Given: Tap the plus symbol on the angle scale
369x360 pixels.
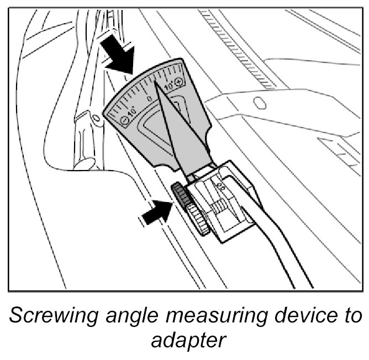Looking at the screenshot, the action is point(179,81).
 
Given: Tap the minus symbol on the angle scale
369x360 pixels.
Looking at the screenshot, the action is point(125,123).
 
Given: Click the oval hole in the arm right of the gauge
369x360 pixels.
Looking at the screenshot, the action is point(258,103).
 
